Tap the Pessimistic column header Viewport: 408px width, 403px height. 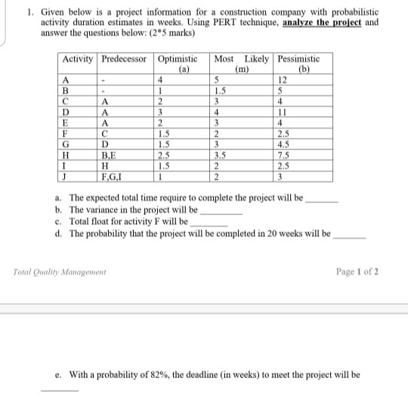point(299,59)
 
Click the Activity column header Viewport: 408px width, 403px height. point(78,59)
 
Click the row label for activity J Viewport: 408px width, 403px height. point(68,176)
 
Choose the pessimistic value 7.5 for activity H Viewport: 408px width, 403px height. point(284,156)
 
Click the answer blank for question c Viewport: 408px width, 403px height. point(211,224)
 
